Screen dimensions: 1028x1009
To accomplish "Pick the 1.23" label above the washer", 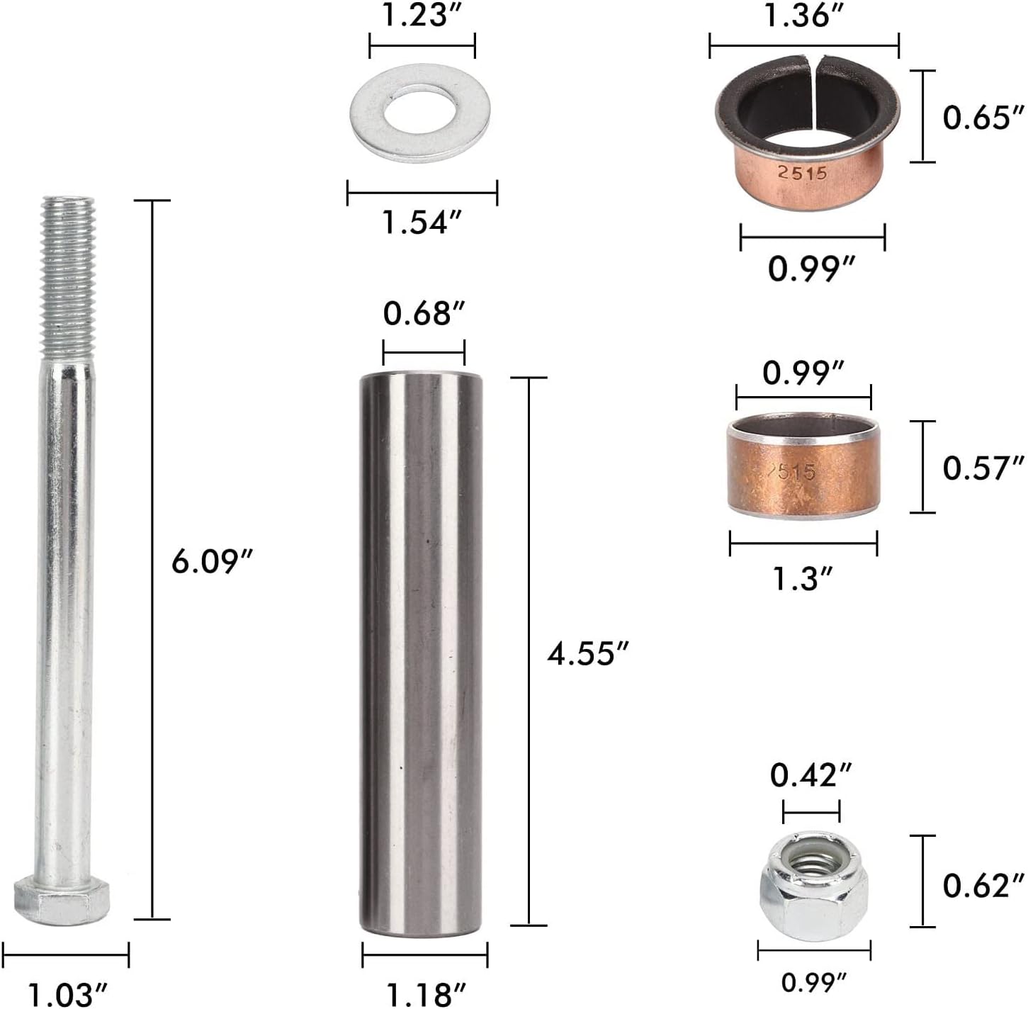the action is click(x=422, y=16).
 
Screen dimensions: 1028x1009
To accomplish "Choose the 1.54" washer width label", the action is click(x=422, y=222).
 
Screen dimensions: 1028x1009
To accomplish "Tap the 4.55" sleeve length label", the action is click(x=588, y=653).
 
